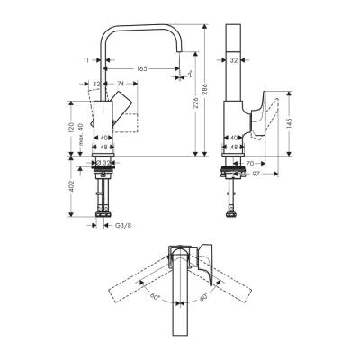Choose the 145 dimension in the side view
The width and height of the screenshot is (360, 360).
[289, 122]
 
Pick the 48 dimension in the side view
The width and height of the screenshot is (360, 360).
[234, 146]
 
